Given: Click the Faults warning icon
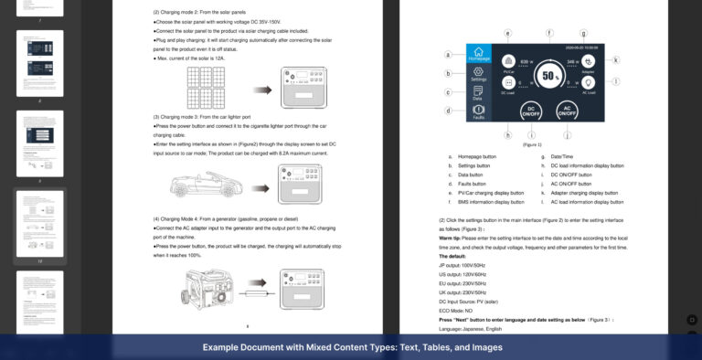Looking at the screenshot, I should click(479, 111).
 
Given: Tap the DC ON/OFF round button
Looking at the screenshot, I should click(529, 111).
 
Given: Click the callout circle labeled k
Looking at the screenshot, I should click(615, 61).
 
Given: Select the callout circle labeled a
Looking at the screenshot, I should click(449, 54).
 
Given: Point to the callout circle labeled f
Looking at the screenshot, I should click(549, 33).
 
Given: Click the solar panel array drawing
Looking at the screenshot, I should click(212, 86).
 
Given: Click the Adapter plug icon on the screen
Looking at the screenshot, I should click(587, 60).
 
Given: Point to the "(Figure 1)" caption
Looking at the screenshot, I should click(532, 144).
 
